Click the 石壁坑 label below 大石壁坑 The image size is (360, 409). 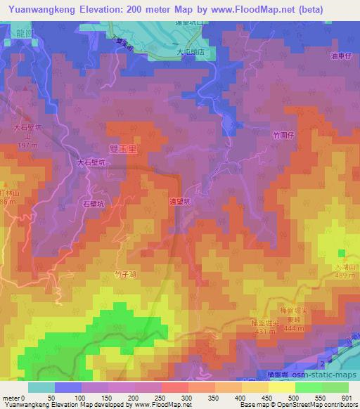94,203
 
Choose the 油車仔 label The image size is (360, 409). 340,57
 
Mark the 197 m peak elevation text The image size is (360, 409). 27,145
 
